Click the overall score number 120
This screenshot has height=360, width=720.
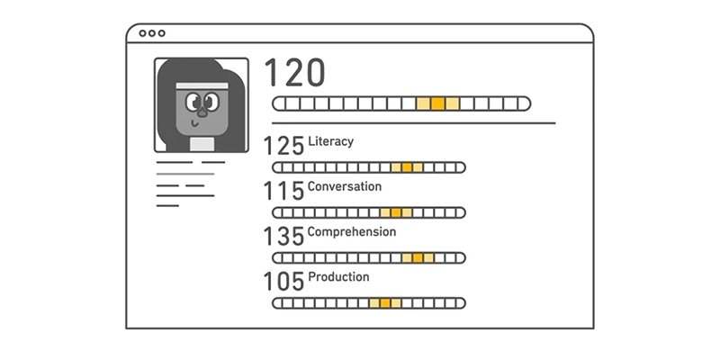coord(295,72)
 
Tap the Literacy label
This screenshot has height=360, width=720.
coord(330,141)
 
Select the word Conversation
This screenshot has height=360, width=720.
coord(345,186)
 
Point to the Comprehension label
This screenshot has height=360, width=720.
coord(352,231)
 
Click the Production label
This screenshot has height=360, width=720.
coord(338,276)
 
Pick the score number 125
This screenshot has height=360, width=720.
coord(283,146)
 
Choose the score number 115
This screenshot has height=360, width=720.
coord(283,191)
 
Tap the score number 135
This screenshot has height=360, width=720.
coord(283,236)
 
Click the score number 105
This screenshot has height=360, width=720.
coord(283,281)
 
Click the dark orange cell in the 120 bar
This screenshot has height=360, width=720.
coord(438,103)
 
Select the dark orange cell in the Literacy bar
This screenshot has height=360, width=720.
coord(407,167)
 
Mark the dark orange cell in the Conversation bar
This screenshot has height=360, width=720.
coord(396,212)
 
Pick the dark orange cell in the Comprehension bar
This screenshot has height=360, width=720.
coord(418,257)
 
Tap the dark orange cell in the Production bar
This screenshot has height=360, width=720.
coord(385,303)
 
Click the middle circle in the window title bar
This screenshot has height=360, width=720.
coord(152,33)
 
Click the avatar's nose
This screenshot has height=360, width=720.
coord(201,111)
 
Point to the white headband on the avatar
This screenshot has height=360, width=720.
coord(202,85)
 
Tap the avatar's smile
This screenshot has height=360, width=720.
coord(194,123)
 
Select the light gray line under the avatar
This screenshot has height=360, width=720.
coord(185,174)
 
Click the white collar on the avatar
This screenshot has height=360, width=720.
coord(202,144)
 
